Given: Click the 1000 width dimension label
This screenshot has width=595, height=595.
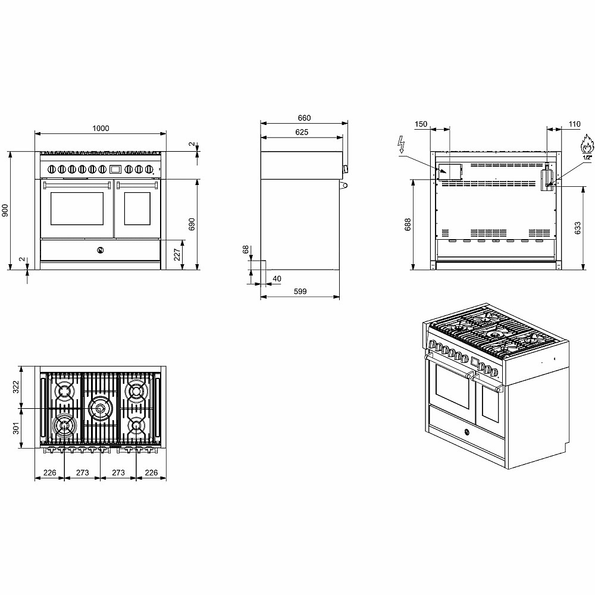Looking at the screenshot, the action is (x=101, y=129).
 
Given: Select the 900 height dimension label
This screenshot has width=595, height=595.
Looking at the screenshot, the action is (x=5, y=211).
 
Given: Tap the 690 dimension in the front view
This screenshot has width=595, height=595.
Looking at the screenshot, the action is (x=192, y=224).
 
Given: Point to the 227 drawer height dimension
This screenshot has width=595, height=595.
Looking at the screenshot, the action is (x=177, y=255).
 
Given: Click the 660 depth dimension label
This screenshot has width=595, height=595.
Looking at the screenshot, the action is (x=304, y=118).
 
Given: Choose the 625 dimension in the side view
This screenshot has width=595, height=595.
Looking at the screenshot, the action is (x=302, y=132).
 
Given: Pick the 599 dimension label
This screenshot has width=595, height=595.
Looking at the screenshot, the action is (x=300, y=292).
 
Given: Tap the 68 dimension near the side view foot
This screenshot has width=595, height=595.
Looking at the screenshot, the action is (x=246, y=249).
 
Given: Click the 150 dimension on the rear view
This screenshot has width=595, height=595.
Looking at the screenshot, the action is (x=421, y=124).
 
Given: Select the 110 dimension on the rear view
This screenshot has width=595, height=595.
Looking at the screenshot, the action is (x=575, y=124).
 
